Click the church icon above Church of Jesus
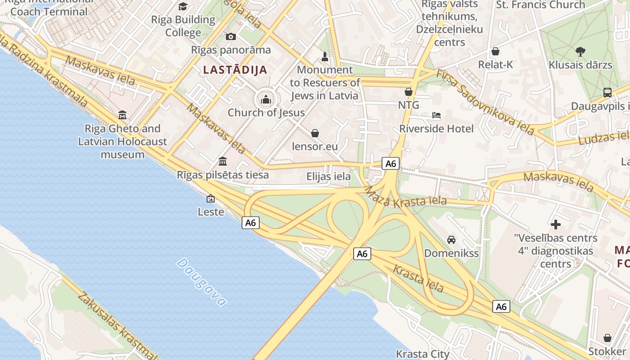[266, 99]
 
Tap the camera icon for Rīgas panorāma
[231, 36]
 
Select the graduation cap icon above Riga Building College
[183, 6]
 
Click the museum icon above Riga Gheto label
[122, 115]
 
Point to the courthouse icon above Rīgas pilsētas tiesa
[223, 161]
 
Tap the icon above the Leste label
[210, 198]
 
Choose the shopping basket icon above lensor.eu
[315, 133]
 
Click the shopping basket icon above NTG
[409, 92]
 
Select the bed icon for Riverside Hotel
[436, 115]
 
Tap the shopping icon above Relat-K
[495, 51]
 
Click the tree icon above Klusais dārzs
[580, 51]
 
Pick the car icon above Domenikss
[451, 240]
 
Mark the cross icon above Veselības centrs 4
[556, 224]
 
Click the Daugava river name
[201, 282]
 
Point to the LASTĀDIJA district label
[235, 70]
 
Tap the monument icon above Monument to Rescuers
[325, 57]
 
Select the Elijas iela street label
[328, 176]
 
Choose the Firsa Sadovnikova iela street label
[485, 103]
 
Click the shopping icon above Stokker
[607, 337]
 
